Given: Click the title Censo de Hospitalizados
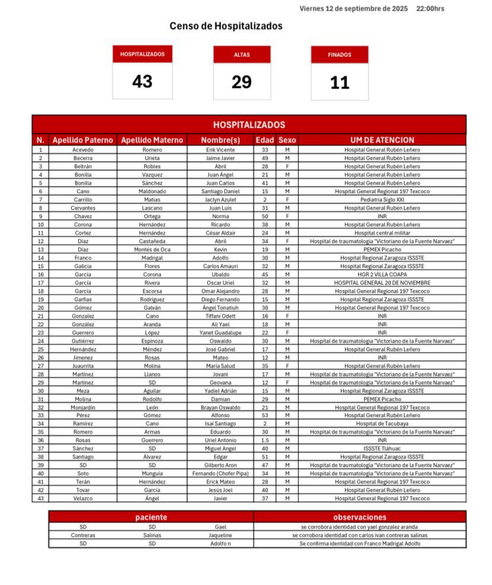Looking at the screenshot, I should pos(226,26).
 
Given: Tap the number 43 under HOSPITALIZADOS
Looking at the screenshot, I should pos(143,81).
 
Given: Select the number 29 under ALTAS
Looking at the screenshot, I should pos(242,82).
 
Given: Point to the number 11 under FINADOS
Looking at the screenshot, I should pos(340,83).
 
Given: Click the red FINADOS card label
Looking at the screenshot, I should pos(340,55).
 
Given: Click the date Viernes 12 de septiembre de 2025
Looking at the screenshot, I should pos(354,8).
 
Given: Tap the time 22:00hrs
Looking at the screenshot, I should pos(430,8).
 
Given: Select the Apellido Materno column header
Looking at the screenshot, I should pos(152,140).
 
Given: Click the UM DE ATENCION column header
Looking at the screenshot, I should pos(382,140).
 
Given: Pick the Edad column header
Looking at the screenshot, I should pos(265,140).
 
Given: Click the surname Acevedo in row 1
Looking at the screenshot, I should pos(83,150).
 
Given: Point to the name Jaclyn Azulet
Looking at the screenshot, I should pos(220,200).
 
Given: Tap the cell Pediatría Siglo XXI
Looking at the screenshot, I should pos(382,200).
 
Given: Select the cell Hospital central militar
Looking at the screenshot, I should pos(382,233).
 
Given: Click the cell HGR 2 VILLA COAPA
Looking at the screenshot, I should pos(382,274).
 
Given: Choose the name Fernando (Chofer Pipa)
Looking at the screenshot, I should pos(220,473).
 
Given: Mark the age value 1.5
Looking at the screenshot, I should pos(265,440).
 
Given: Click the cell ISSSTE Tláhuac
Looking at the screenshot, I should pos(382,448).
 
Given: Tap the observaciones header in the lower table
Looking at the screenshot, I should pos(360,517).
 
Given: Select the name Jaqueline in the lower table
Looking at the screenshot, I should pos(220,535).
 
